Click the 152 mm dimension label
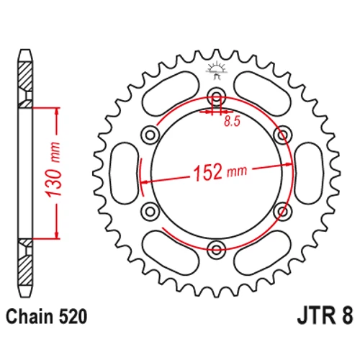(x=220, y=172)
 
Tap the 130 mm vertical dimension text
(x=53, y=170)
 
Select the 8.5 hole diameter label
(x=232, y=122)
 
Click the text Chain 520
(x=46, y=317)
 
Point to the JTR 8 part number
(x=325, y=316)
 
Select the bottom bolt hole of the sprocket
(x=217, y=250)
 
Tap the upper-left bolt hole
(x=150, y=135)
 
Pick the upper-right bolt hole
(x=283, y=135)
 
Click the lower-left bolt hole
(x=150, y=212)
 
